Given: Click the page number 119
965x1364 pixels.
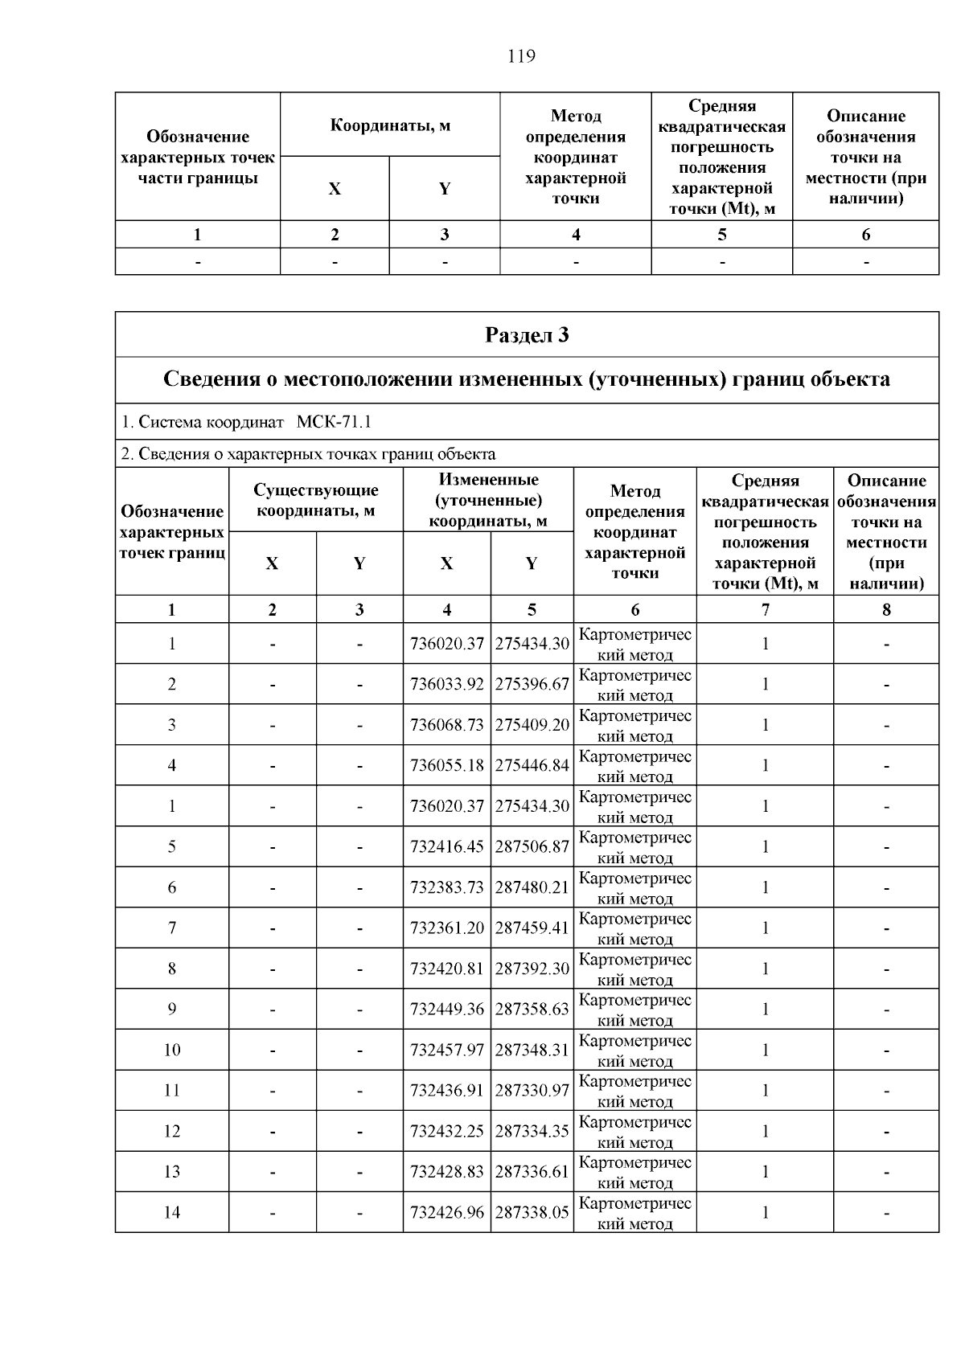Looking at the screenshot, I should click(x=521, y=56).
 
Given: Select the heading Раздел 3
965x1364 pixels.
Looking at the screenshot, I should click(x=527, y=334).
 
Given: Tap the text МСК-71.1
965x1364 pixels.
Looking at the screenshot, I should click(x=334, y=422).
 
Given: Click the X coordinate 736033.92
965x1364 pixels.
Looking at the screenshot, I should click(x=446, y=684).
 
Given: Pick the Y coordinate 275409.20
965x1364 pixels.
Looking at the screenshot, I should click(x=532, y=725).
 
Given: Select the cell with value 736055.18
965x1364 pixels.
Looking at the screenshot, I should click(x=446, y=765).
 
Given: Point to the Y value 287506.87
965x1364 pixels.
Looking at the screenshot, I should click(x=532, y=846).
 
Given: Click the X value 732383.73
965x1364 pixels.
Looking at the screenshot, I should click(x=446, y=887).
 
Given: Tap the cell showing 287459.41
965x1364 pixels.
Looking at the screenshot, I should click(x=532, y=928).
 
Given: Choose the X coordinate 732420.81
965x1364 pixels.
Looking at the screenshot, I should click(x=446, y=969).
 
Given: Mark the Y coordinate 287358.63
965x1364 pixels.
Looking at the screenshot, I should click(x=532, y=1009).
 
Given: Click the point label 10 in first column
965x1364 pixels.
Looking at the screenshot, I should click(x=172, y=1050).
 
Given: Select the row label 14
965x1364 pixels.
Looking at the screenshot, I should click(x=172, y=1212).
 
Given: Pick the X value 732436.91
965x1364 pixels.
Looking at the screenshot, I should click(x=446, y=1091).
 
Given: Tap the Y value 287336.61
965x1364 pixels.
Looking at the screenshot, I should click(x=532, y=1172).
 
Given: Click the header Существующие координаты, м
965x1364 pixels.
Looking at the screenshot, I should click(x=315, y=500).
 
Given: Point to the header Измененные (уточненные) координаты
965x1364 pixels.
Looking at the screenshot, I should click(x=488, y=500).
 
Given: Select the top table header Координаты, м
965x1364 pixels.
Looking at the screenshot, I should click(x=390, y=125).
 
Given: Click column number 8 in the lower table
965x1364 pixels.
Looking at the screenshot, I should click(x=886, y=609).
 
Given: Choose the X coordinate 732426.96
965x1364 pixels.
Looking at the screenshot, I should click(x=446, y=1212).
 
